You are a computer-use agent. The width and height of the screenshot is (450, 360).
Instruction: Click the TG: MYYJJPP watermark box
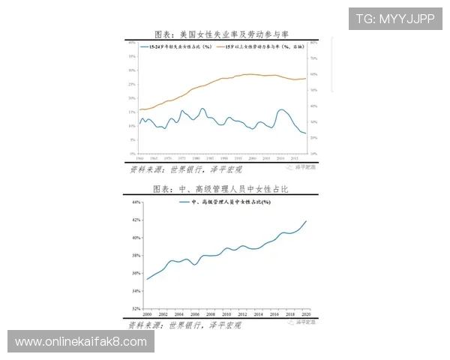(395, 18)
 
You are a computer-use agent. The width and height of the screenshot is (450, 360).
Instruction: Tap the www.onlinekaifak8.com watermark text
(81, 342)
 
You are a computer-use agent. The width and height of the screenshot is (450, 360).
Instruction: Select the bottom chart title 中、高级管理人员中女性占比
(220, 190)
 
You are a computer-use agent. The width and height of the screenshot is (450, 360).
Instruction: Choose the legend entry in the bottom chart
(224, 202)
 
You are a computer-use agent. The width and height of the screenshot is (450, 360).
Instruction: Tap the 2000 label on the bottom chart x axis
(147, 314)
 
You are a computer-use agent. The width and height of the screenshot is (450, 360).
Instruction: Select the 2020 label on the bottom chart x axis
(306, 314)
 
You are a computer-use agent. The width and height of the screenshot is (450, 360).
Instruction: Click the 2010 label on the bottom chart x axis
(226, 314)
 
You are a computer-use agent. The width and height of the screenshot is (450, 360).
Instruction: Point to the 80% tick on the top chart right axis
(315, 43)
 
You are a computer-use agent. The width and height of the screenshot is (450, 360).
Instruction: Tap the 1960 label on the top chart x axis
(139, 158)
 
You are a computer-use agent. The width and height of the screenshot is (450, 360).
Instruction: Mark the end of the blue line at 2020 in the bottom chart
(307, 220)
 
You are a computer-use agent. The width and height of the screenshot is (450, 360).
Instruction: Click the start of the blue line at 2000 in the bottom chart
(147, 279)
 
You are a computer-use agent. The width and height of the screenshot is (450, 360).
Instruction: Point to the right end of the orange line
(306, 78)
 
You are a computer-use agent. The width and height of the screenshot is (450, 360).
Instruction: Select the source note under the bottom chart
(184, 325)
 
